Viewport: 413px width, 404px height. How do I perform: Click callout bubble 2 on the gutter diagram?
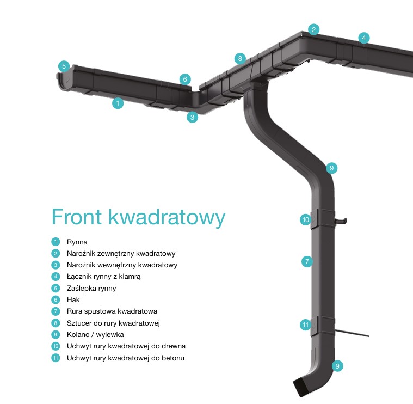pyautogui.click(x=313, y=29)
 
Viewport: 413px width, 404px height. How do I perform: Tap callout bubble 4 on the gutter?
pyautogui.click(x=363, y=38)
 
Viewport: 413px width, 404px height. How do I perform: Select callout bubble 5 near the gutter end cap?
pyautogui.click(x=64, y=66)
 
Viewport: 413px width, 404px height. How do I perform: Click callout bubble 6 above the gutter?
pyautogui.click(x=185, y=79)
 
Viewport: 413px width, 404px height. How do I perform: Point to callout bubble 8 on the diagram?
pyautogui.click(x=240, y=58)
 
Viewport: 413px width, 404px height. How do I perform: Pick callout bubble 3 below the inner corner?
pyautogui.click(x=192, y=117)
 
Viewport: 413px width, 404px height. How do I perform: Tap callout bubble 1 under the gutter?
pyautogui.click(x=118, y=103)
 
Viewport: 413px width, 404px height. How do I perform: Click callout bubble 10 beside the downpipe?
pyautogui.click(x=306, y=219)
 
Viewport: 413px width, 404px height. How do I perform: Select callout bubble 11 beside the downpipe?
pyautogui.click(x=306, y=325)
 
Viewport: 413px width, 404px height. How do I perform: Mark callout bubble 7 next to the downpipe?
pyautogui.click(x=307, y=261)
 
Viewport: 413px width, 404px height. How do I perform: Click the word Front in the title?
pyautogui.click(x=77, y=217)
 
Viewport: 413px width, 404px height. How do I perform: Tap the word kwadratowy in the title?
pyautogui.click(x=167, y=218)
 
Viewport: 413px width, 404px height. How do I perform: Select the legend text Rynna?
pyautogui.click(x=77, y=242)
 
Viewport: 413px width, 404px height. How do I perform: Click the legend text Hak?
pyautogui.click(x=73, y=299)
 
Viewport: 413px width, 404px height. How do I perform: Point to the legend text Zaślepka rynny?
pyautogui.click(x=91, y=289)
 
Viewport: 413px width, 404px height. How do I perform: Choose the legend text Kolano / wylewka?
pyautogui.click(x=95, y=335)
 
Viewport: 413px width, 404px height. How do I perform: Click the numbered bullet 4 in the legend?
pyautogui.click(x=56, y=277)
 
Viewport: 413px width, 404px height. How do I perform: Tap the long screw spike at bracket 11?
pyautogui.click(x=352, y=333)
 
